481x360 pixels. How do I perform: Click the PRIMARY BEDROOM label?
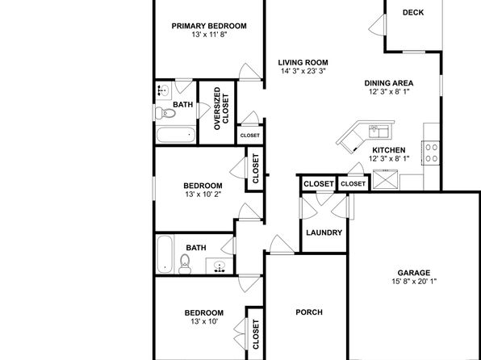[209, 26]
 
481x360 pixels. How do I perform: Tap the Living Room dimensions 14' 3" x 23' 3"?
[303, 71]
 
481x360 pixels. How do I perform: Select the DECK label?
[413, 13]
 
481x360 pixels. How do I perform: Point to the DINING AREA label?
[389, 83]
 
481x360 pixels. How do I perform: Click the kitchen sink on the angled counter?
[379, 132]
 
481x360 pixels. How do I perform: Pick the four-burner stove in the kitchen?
[431, 153]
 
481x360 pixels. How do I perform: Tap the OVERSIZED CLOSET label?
[221, 108]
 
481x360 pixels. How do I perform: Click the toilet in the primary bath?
[165, 114]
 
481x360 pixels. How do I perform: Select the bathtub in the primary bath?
[176, 136]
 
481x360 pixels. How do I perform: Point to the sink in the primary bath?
[164, 90]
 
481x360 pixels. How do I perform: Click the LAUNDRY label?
[324, 232]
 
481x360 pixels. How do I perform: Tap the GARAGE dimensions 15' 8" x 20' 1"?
[414, 282]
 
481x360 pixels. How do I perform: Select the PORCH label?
[309, 312]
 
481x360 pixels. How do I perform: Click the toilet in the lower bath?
[185, 264]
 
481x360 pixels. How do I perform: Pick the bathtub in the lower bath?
[165, 254]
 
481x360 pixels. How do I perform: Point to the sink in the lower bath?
[219, 266]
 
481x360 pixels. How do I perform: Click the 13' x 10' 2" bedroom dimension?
[203, 195]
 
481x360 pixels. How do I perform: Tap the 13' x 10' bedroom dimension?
[204, 321]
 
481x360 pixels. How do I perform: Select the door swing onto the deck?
[377, 25]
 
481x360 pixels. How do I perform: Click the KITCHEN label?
[389, 150]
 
